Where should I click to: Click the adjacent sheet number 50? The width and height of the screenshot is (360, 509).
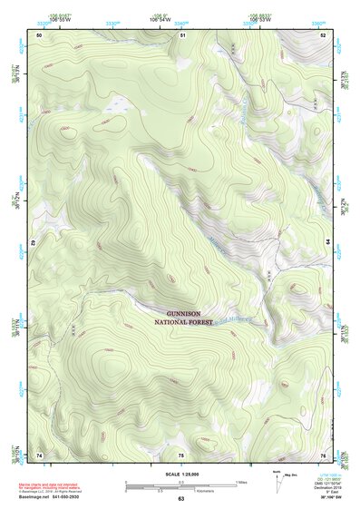(x=39, y=34)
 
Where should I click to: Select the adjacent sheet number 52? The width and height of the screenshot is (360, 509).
(x=323, y=34)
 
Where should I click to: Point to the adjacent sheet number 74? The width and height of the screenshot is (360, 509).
(x=39, y=454)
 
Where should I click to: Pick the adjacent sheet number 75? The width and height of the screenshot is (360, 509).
(x=181, y=454)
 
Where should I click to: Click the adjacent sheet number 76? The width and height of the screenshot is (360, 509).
(x=323, y=454)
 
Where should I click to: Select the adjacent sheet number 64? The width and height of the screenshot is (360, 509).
(x=327, y=243)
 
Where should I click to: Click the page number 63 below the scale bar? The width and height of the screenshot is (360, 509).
(x=181, y=498)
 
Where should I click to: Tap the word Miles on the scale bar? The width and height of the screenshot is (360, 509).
(x=241, y=481)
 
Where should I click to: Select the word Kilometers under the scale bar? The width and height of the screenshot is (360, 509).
(x=186, y=491)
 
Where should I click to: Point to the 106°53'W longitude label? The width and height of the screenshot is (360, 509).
(x=260, y=19)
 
